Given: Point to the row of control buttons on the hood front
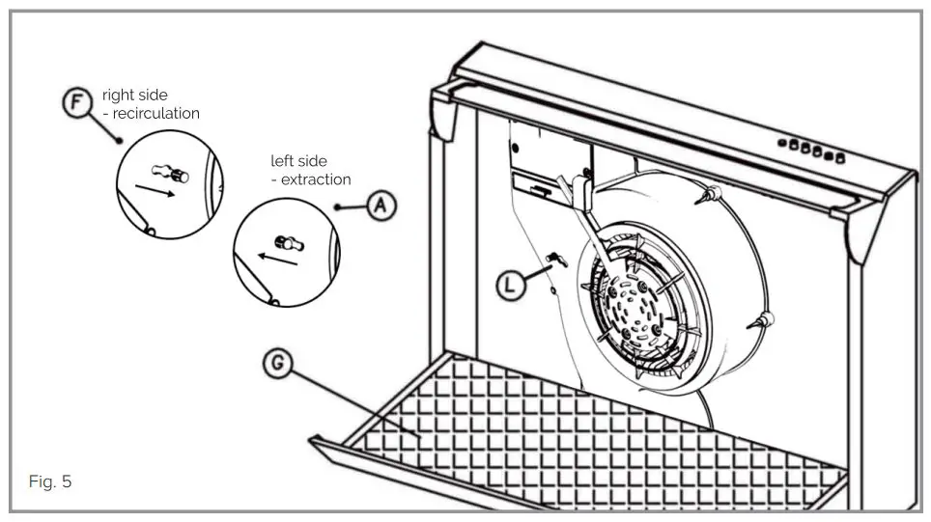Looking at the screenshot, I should point(810,149).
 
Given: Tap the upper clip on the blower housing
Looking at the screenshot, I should point(707,196).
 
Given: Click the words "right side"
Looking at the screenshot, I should point(134,96).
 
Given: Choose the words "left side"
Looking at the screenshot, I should point(298,161).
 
